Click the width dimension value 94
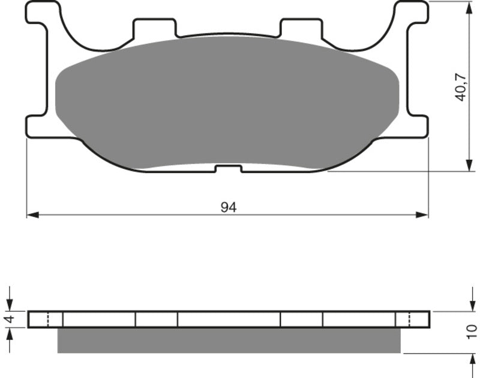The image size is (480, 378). pos(228,207)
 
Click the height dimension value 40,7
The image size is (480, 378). pos(460,86)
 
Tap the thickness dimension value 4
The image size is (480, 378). pos(8,319)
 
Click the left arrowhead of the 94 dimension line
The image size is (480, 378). pos(32,214)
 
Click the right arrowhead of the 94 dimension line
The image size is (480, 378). pos(423,214)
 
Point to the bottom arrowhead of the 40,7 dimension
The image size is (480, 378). pos(468,166)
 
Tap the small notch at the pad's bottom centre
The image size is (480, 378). pos(228,168)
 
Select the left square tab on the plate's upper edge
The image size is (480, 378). pos(155,28)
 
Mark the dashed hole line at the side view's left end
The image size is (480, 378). pos(47,319)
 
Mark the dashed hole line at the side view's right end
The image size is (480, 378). pos(409,319)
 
